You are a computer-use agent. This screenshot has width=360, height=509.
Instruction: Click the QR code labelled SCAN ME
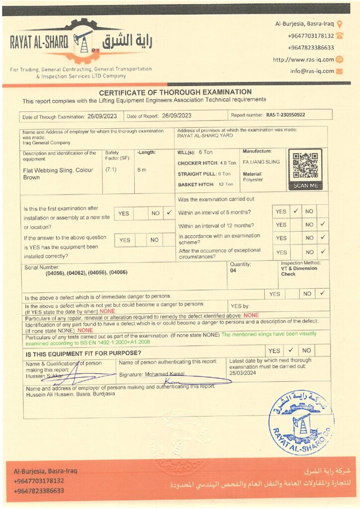pyautogui.click(x=305, y=166)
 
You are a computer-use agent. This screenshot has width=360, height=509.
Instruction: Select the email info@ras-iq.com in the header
pyautogui.click(x=312, y=71)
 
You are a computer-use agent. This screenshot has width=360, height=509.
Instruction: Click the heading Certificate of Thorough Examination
pyautogui.click(x=175, y=92)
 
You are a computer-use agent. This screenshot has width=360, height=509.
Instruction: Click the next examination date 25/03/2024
pyautogui.click(x=243, y=372)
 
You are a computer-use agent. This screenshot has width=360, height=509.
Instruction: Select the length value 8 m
pyautogui.click(x=142, y=170)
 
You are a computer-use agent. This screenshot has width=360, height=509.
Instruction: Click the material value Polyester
pyautogui.click(x=253, y=179)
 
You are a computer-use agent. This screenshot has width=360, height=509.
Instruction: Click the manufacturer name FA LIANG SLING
pyautogui.click(x=261, y=162)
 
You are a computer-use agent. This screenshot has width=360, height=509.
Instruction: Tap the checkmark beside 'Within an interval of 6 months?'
pyautogui.click(x=295, y=211)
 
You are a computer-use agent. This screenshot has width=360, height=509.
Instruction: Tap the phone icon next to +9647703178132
pyautogui.click(x=340, y=35)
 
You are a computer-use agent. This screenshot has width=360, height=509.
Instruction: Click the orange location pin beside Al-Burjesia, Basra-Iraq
pyautogui.click(x=340, y=23)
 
